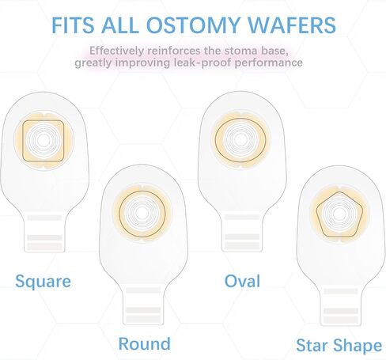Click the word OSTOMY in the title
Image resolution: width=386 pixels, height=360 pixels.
pyautogui.click(x=192, y=25)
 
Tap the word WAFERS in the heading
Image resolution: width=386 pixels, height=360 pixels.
pyautogui.click(x=292, y=25)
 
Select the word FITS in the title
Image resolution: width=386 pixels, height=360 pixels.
pyautogui.click(x=73, y=25)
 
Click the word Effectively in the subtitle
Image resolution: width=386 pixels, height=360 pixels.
pyautogui.click(x=117, y=51)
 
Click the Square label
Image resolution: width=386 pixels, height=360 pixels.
pyautogui.click(x=44, y=282)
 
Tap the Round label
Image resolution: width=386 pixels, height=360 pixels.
pyautogui.click(x=145, y=343)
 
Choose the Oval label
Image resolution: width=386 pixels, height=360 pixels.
pyautogui.click(x=242, y=281)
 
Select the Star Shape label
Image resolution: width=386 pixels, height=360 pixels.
pyautogui.click(x=339, y=346)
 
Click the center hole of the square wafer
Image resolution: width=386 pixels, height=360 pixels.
pyautogui.click(x=43, y=141)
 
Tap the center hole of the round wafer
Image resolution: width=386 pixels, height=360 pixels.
pyautogui.click(x=142, y=214)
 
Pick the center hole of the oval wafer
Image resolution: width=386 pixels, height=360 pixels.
pyautogui.click(x=240, y=140)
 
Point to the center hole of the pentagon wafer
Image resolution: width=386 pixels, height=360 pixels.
pyautogui.click(x=339, y=214)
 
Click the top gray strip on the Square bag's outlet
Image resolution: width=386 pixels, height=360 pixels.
pyautogui.click(x=44, y=218)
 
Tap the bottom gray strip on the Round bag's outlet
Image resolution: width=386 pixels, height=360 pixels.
pyautogui.click(x=143, y=318)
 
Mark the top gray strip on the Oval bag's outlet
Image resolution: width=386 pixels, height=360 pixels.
pyautogui.click(x=242, y=217)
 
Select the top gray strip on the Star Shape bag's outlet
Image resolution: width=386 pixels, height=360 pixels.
pyautogui.click(x=341, y=291)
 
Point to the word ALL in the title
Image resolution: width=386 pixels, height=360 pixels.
pyautogui.click(x=120, y=25)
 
